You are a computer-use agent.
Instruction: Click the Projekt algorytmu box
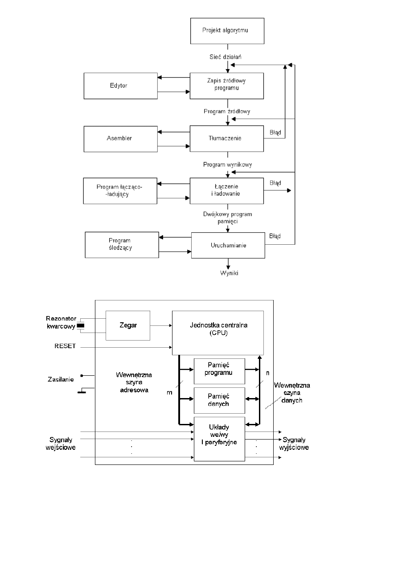coord(227,30)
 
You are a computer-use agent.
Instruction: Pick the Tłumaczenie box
coord(227,138)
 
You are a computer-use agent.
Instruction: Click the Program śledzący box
coord(122,244)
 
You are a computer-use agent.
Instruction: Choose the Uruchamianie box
coord(228,245)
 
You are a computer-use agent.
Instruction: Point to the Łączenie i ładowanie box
coord(227,190)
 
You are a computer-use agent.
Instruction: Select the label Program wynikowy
coord(227,164)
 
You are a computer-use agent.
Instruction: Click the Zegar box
coord(127,325)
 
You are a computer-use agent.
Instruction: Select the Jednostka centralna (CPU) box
coord(217,333)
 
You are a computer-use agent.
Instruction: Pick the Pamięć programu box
coord(219,371)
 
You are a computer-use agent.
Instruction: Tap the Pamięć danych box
coord(219,400)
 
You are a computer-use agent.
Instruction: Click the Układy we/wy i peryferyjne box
coord(219,439)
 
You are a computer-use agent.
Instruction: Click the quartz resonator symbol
coord(81,326)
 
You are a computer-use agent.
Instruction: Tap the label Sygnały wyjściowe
coord(295,443)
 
